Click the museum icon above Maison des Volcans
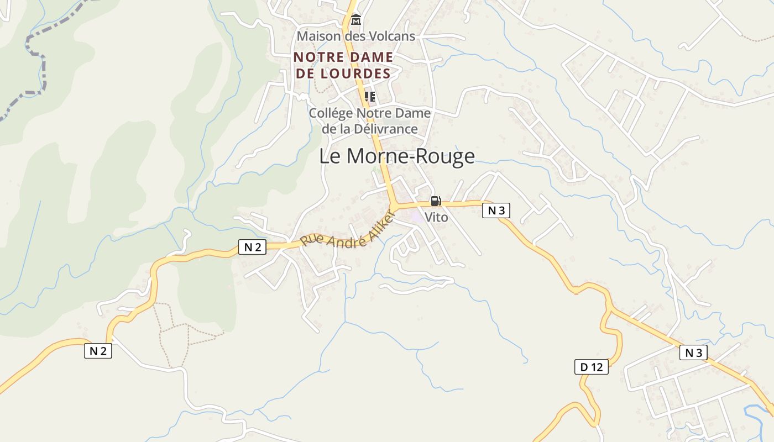pyautogui.click(x=356, y=21)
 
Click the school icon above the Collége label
pyautogui.click(x=370, y=97)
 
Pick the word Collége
pyautogui.click(x=330, y=113)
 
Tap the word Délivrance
pyautogui.click(x=386, y=129)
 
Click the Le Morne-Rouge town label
pyautogui.click(x=397, y=156)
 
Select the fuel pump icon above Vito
pyautogui.click(x=436, y=201)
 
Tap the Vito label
pyautogui.click(x=436, y=218)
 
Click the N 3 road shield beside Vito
pyautogui.click(x=496, y=211)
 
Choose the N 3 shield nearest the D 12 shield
pyautogui.click(x=693, y=352)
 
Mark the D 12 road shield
pyautogui.click(x=591, y=367)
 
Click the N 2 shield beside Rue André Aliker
pyautogui.click(x=252, y=247)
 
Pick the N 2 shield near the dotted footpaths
pyautogui.click(x=98, y=350)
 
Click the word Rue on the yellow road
pyautogui.click(x=311, y=240)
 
